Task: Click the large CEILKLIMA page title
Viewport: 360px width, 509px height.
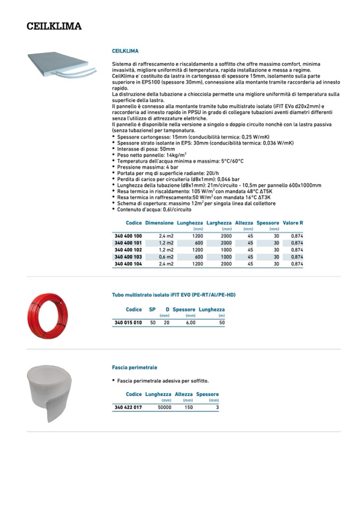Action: coord(54,26)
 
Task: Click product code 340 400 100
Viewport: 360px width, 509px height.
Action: coord(128,236)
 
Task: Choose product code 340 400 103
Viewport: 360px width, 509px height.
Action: coord(128,256)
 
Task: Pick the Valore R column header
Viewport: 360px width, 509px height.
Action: coord(293,223)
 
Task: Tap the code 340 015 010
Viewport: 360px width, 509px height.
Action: coord(128,322)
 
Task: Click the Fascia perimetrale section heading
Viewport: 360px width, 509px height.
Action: coord(134,367)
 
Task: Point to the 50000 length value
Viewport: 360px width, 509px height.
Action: coord(164,407)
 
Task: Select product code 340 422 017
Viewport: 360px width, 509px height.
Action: coord(128,407)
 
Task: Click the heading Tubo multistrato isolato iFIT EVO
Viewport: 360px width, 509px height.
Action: coord(174,295)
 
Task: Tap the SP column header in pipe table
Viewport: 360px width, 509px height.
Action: coord(152,309)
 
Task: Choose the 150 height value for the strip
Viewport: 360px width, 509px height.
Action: coord(188,407)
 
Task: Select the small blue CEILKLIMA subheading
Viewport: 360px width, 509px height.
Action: coord(125,51)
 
